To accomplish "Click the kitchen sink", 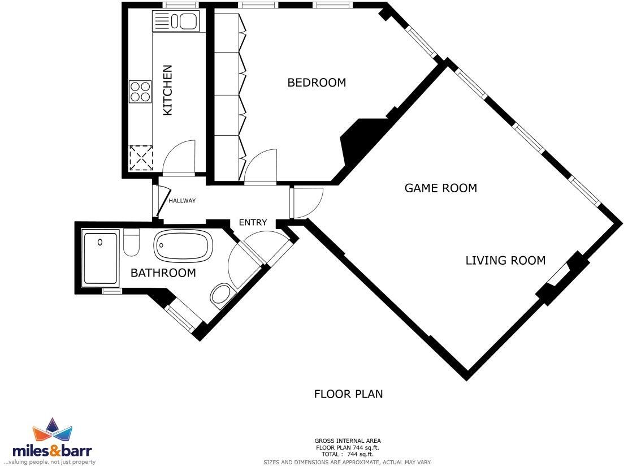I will click(x=175, y=22).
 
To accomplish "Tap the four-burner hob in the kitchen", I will click(x=140, y=92).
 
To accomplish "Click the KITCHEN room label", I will click(x=167, y=90).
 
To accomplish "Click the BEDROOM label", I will click(x=317, y=83).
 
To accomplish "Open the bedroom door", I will click(x=260, y=166).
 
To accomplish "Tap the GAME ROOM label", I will click(x=440, y=188).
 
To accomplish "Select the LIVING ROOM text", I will click(x=505, y=261).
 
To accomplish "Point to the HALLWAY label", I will click(x=181, y=201).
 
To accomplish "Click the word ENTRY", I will click(x=252, y=222).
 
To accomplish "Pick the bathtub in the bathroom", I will click(x=183, y=246).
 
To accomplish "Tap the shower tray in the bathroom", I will click(x=101, y=257).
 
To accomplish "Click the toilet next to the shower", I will click(x=131, y=242).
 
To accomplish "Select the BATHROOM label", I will click(x=163, y=273).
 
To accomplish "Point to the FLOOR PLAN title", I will click(x=348, y=394).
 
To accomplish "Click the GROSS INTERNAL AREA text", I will click(x=348, y=441).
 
